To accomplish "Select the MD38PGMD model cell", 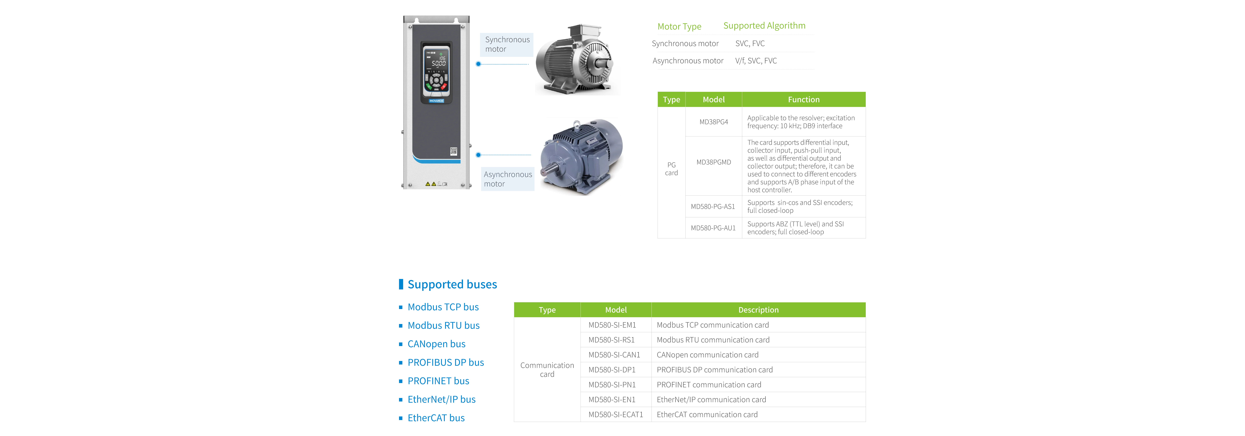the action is [713, 162].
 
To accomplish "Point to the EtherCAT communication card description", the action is [707, 414].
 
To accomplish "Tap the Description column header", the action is [758, 310].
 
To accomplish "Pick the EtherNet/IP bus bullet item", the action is [441, 399].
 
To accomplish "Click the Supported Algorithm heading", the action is [764, 26].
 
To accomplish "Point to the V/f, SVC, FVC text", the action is [756, 60].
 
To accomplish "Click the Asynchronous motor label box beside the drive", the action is [507, 179].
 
